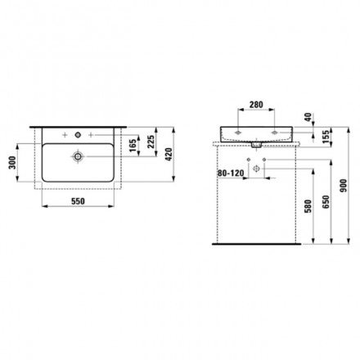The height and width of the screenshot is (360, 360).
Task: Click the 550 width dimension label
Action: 78,201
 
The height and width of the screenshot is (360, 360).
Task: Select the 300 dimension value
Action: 12,163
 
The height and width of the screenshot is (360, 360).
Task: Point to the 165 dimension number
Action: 133,146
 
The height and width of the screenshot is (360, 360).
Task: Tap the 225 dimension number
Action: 151,142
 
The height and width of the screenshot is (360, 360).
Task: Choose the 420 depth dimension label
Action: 169,155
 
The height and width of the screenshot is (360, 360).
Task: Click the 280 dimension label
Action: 256,105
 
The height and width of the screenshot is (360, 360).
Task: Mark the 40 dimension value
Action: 308,117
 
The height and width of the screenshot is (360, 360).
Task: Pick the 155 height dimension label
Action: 326,136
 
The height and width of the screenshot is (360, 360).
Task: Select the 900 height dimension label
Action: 344,186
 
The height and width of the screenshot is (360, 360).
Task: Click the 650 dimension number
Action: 326,202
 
